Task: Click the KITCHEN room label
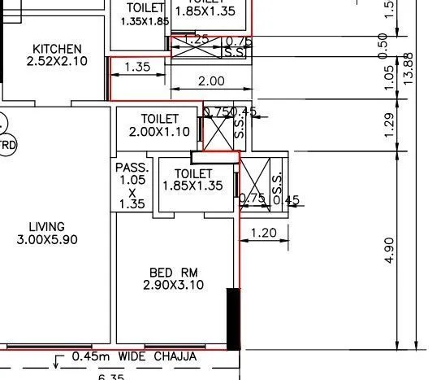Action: pos(56,48)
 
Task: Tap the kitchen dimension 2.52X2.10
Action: pos(56,61)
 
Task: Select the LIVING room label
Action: pos(46,226)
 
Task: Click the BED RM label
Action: pos(173,272)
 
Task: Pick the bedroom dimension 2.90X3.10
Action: pos(173,285)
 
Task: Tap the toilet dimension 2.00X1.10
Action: pos(159,132)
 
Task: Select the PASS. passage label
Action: pos(131,168)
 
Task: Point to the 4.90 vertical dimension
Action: pos(390,250)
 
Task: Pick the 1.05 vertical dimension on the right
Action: pos(390,77)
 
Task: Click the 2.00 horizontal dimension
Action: pos(211,81)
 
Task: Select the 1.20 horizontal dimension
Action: pos(264,234)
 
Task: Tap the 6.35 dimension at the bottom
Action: pos(112,376)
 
